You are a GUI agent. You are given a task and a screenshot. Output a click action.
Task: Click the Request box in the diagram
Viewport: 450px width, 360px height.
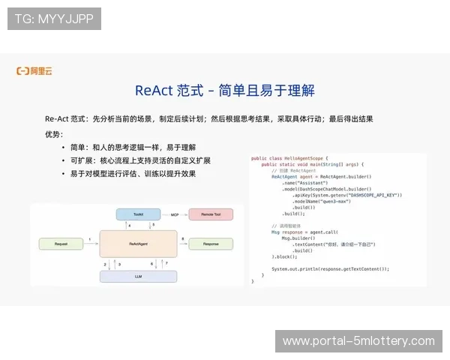[x=61, y=244]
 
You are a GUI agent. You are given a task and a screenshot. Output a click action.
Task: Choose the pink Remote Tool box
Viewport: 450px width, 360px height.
[x=211, y=214]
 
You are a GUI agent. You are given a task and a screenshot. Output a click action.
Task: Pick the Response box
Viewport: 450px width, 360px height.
[x=211, y=244]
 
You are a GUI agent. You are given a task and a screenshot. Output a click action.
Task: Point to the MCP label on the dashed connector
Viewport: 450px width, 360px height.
[x=175, y=214]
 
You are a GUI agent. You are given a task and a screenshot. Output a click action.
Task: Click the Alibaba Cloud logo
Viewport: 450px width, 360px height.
[x=34, y=71]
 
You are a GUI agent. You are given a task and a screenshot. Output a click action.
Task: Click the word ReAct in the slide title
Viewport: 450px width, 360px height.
[x=154, y=91]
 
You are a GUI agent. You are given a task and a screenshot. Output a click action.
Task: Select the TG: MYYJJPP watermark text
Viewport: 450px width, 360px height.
[x=54, y=19]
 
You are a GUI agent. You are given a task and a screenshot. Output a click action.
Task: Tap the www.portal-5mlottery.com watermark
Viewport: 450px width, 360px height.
[x=358, y=341]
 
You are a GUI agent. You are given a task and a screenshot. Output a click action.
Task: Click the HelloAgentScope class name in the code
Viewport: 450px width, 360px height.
[x=302, y=158]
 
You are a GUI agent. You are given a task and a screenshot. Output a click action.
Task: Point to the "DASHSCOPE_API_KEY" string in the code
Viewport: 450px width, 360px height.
[x=373, y=195]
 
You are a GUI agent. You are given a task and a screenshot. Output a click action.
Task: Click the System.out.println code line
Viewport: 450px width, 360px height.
[x=330, y=268]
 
